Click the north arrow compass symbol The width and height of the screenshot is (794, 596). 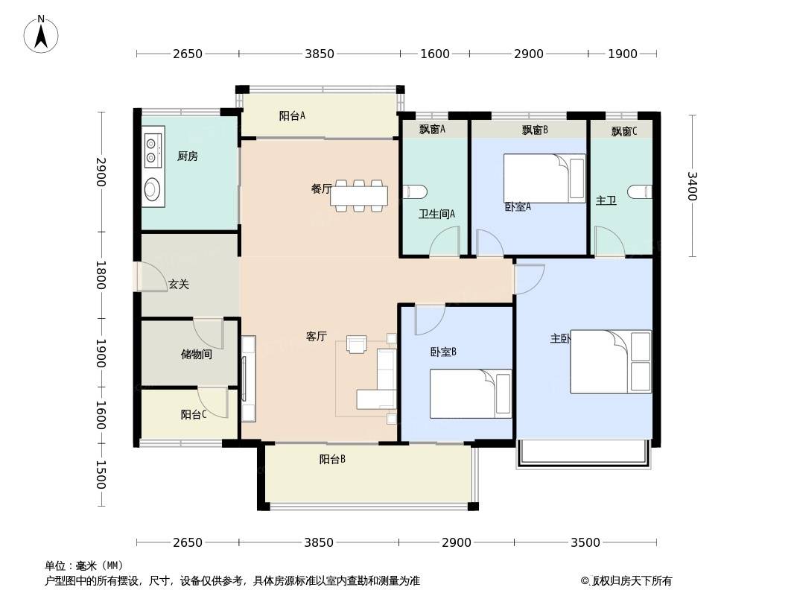41,34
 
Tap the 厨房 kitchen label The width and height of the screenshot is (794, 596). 188,156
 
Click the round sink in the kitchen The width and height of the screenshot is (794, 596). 151,190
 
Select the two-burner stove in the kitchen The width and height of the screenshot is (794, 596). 152,151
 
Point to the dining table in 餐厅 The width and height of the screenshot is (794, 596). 359,195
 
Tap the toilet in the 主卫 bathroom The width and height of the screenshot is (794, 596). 640,192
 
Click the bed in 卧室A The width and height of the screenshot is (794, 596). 544,178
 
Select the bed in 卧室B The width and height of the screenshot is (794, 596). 471,393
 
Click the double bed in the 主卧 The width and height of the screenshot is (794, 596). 611,361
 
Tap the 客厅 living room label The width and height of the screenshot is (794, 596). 317,336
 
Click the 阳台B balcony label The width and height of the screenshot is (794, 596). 332,459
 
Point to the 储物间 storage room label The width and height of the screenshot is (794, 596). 197,354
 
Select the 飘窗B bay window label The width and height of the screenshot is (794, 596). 535,130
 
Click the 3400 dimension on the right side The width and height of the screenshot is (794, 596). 692,186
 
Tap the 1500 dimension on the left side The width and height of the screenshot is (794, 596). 101,475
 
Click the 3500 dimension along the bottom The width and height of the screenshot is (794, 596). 585,542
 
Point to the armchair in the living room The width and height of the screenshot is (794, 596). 357,344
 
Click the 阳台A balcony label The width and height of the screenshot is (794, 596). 292,116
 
